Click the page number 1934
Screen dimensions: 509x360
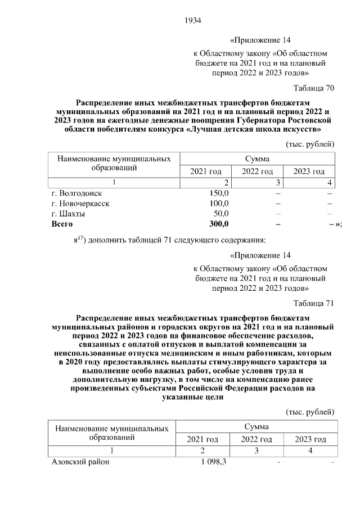pyautogui.click(x=192, y=21)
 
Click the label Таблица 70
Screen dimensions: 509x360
pyautogui.click(x=314, y=88)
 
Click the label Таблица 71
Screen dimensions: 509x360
pyautogui.click(x=314, y=304)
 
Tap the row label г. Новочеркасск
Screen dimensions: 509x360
pyautogui.click(x=80, y=203)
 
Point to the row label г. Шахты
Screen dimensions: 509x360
pyautogui.click(x=69, y=214)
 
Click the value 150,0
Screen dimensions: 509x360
pyautogui.click(x=219, y=193)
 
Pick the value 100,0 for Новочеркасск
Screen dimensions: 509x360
pyautogui.click(x=219, y=203)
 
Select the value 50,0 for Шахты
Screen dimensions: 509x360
pyautogui.click(x=220, y=214)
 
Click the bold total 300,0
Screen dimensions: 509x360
pyautogui.click(x=218, y=224)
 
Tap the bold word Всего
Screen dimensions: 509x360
pyautogui.click(x=62, y=224)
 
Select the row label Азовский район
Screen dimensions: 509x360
pyautogui.click(x=80, y=462)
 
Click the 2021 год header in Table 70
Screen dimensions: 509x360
pyautogui.click(x=205, y=171)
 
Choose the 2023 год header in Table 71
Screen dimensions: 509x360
pyautogui.click(x=310, y=439)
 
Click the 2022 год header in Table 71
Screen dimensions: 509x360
pyautogui.click(x=257, y=439)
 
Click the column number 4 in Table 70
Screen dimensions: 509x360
pyautogui.click(x=329, y=183)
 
